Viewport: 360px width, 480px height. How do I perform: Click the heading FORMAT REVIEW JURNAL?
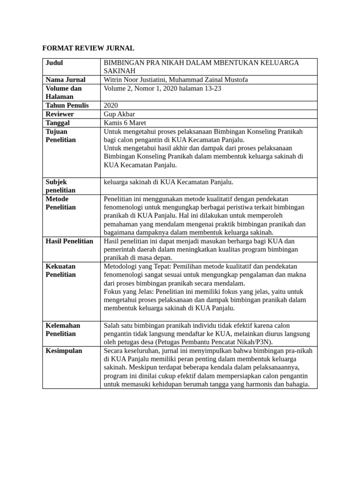click(x=88, y=48)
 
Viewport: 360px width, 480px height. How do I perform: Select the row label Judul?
click(x=54, y=63)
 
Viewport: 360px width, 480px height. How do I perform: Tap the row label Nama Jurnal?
click(x=66, y=80)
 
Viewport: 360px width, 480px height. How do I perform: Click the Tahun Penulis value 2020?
click(x=111, y=105)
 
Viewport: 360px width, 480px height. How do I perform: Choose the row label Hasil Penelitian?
click(x=69, y=241)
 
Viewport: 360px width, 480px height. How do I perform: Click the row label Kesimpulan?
click(x=64, y=351)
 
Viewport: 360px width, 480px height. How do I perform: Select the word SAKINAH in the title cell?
click(x=120, y=71)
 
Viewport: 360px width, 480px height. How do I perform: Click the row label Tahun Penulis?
click(x=67, y=105)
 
